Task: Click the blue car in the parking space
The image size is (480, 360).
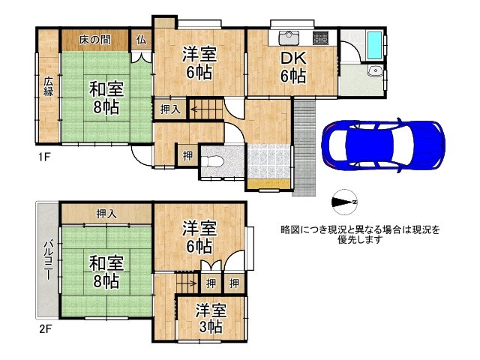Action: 383,144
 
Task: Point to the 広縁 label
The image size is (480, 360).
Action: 47,87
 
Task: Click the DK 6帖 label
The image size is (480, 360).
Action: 292,67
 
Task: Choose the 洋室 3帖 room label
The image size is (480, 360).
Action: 209,318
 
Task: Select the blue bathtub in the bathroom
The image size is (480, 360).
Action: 373,46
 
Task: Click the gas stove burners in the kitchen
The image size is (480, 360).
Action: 320,38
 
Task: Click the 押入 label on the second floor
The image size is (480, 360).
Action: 106,214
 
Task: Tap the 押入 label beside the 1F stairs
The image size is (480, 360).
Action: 170,109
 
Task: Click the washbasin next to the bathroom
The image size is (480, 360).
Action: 374,72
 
